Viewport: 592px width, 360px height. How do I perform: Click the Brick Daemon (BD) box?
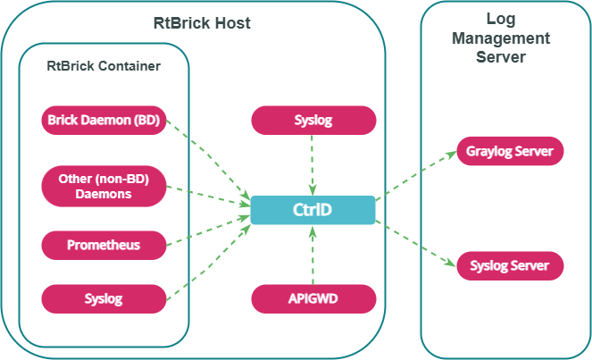click(x=104, y=121)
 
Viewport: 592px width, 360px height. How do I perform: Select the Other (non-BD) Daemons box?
click(x=104, y=186)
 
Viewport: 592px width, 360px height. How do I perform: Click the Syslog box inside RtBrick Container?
click(x=104, y=298)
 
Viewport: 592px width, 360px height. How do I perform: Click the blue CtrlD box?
click(x=313, y=210)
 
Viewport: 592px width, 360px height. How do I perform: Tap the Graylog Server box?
click(x=510, y=151)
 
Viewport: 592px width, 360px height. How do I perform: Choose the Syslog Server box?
click(x=510, y=266)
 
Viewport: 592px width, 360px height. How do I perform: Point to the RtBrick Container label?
click(x=104, y=66)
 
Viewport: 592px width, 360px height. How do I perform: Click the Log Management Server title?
click(x=501, y=38)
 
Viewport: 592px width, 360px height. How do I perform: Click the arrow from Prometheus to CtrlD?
click(x=209, y=229)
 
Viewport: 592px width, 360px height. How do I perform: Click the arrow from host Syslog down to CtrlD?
click(x=313, y=165)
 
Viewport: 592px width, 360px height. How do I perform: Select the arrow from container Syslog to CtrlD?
click(x=209, y=258)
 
